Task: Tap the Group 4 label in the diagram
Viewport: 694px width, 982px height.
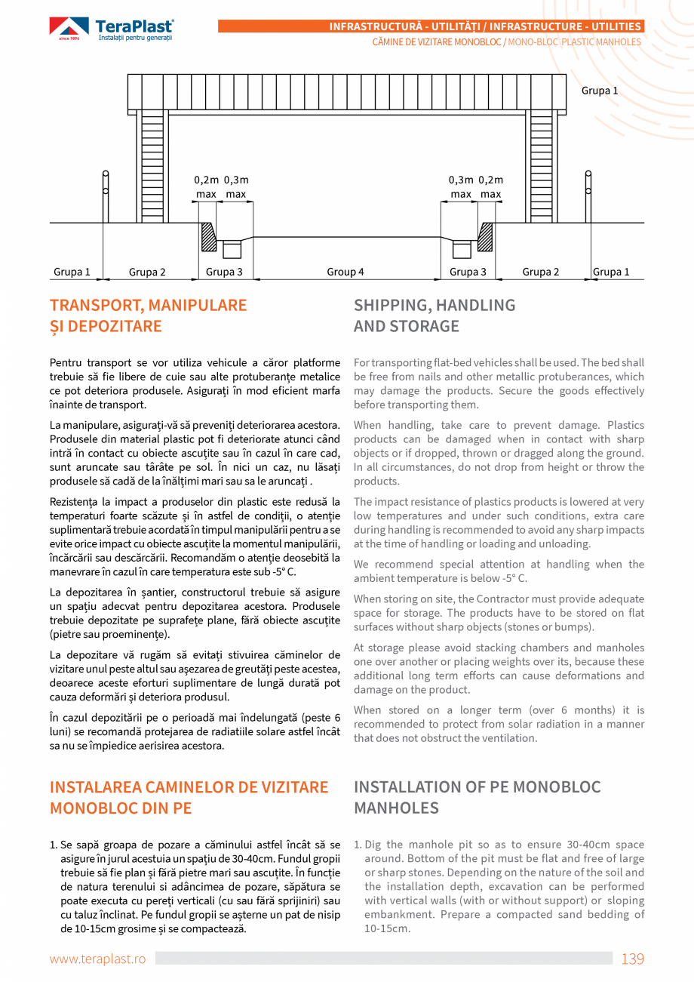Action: (345, 272)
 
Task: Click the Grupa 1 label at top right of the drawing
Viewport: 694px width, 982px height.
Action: (600, 91)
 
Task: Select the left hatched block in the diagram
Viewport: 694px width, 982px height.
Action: (208, 238)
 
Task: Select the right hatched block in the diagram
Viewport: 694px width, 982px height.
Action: (486, 238)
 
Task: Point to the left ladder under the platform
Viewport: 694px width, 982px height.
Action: (152, 166)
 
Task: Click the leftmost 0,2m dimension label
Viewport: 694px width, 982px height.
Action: (206, 180)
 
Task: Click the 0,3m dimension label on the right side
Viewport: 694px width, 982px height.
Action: (461, 180)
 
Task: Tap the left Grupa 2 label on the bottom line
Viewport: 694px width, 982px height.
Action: (147, 272)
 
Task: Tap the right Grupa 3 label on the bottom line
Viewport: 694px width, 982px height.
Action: (468, 272)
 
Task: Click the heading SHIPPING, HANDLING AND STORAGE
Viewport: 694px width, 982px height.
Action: (435, 316)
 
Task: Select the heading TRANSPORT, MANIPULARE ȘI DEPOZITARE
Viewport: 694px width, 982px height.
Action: (148, 316)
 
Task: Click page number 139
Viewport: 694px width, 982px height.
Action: (632, 959)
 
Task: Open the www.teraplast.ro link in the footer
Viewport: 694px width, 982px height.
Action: (97, 959)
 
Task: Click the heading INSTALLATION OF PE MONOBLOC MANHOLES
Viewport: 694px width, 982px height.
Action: (477, 797)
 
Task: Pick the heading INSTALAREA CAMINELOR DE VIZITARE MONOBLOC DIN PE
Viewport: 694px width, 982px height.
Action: (189, 797)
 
